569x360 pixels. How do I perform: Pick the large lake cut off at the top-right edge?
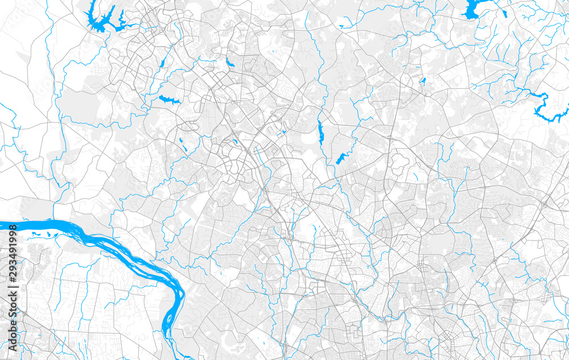(x=472, y=9)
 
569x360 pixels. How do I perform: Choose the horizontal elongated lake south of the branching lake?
(x=169, y=100)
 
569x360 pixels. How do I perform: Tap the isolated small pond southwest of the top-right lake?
(x=422, y=81)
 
